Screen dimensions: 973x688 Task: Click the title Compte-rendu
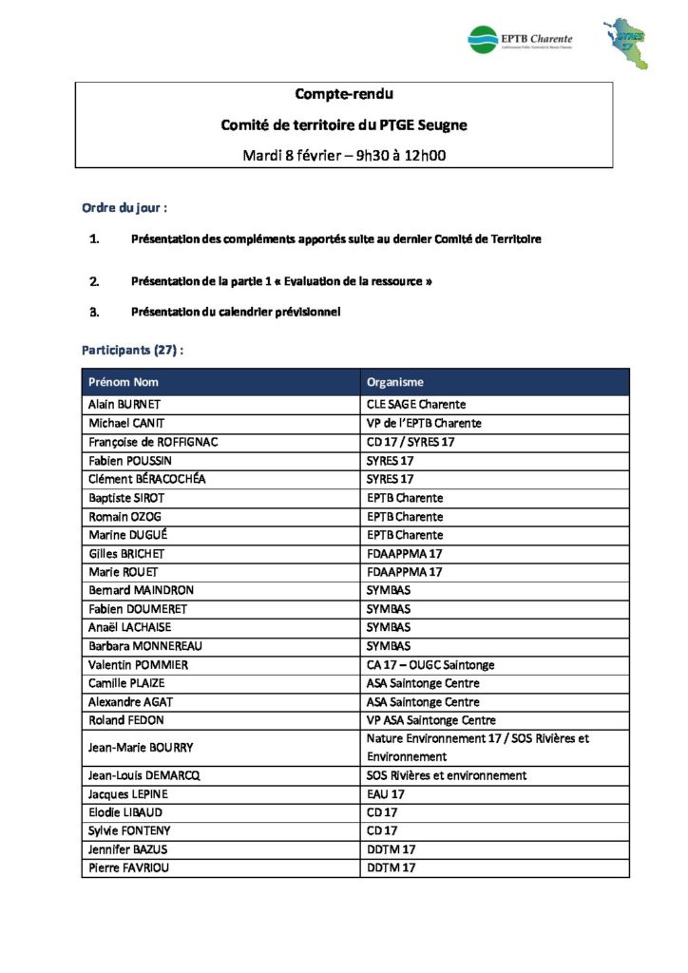point(343,94)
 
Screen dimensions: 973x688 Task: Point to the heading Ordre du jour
point(125,207)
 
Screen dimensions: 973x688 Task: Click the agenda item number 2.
point(94,281)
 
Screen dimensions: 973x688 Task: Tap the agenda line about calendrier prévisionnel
point(236,312)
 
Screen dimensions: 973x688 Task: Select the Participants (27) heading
point(132,350)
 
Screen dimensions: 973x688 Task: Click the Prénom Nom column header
point(124,382)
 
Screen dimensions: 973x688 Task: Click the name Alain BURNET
point(124,405)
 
